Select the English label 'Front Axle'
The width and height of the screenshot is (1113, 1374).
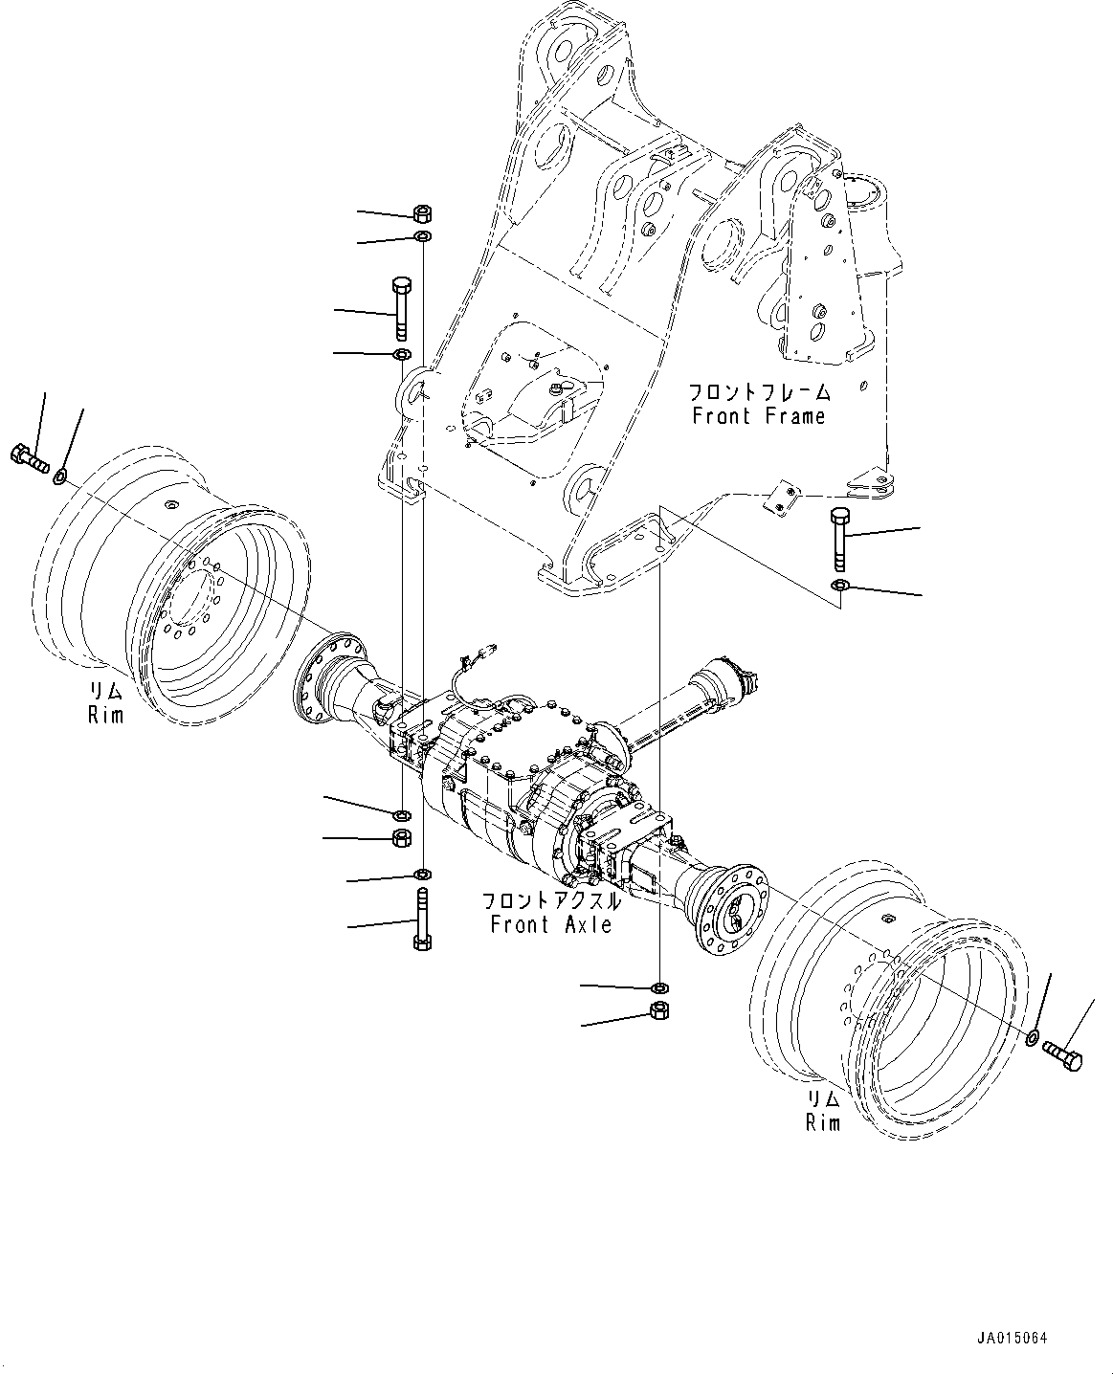click(550, 924)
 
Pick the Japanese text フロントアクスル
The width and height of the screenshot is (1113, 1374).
click(550, 901)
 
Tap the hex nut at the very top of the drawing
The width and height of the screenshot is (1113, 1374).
click(423, 212)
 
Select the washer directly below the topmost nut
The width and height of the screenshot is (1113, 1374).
click(423, 236)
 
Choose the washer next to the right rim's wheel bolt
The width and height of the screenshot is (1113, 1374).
click(1033, 1037)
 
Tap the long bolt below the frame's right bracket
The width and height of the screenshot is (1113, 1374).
click(839, 539)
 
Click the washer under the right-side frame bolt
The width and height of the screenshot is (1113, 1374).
click(839, 585)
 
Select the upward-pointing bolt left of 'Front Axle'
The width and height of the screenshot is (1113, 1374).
click(422, 920)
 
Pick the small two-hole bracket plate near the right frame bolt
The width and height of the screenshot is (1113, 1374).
click(783, 499)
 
